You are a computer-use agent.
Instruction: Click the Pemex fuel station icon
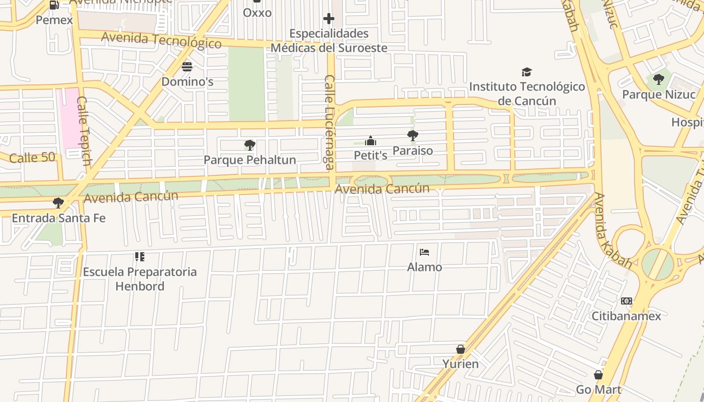tap(54, 5)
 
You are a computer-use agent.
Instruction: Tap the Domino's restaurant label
tap(187, 81)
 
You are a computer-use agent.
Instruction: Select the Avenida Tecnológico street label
tap(161, 40)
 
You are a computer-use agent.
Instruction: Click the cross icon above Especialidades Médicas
tap(329, 19)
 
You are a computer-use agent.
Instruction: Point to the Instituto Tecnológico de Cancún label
tap(527, 93)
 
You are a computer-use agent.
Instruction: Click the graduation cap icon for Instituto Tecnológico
tap(526, 72)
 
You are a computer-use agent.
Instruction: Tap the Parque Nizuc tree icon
tap(658, 79)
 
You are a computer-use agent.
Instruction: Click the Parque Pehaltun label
tap(249, 160)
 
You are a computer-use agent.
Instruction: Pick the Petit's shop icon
tap(371, 141)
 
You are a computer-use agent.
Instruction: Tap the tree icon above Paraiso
tap(412, 135)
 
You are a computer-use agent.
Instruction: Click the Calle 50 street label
tap(32, 157)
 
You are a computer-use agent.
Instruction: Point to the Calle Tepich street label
tap(83, 131)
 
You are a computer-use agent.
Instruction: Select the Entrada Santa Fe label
tap(59, 218)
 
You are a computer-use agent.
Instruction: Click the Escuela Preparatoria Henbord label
tap(140, 279)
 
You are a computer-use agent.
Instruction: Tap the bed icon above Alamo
tap(424, 252)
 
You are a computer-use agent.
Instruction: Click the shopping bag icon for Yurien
tap(460, 349)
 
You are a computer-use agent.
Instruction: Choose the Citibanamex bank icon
tap(626, 301)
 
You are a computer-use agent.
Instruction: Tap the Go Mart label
tap(598, 389)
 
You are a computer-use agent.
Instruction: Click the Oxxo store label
tap(257, 13)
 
